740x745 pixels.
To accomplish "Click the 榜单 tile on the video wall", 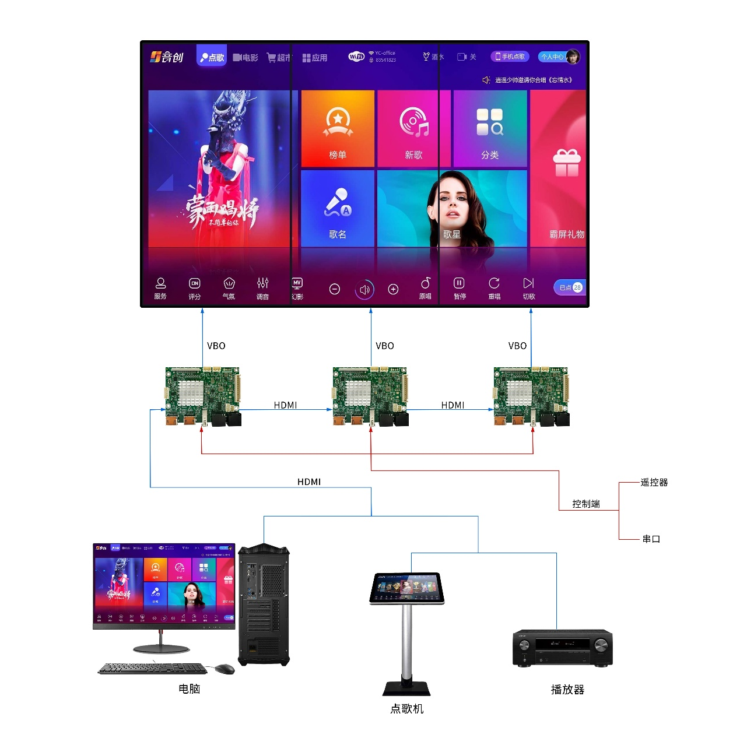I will coord(338,129).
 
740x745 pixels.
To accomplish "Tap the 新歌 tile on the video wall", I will coord(413,129).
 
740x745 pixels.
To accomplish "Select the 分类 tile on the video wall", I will coord(490,129).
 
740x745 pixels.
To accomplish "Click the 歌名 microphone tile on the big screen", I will coord(338,208).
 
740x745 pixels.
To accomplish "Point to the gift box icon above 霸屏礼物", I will coord(566,163).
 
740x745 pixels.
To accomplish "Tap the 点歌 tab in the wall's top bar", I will coord(212,57).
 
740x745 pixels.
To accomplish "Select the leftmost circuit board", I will coord(203,396).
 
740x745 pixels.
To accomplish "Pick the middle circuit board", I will coord(370,396).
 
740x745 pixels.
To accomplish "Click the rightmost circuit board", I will coord(531,396).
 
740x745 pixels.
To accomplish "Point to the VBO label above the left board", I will coord(216,346).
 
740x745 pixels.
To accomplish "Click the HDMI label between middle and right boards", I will coord(453,405).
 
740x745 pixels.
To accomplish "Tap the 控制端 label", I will coord(586,504).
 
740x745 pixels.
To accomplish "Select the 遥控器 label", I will coord(654,482).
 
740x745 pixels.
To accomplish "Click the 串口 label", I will coord(651,539).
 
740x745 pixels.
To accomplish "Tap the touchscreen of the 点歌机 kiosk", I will coord(406,587).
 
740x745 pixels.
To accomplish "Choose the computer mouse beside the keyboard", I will coord(225,669).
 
